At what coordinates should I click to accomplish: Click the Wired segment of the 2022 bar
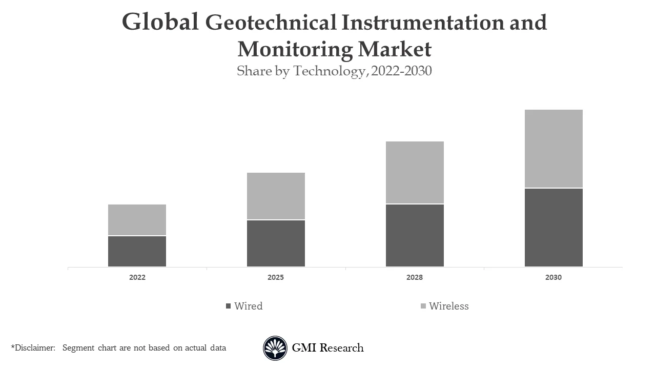pyautogui.click(x=137, y=251)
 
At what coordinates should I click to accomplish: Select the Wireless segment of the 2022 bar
pyautogui.click(x=137, y=220)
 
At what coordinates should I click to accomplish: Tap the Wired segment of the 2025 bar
pyautogui.click(x=276, y=243)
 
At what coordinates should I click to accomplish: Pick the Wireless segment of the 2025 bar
pyautogui.click(x=276, y=196)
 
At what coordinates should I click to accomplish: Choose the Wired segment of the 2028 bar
pyautogui.click(x=415, y=235)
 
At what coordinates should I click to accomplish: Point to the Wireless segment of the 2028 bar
pyautogui.click(x=415, y=173)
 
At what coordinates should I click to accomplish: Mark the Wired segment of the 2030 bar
pyautogui.click(x=553, y=228)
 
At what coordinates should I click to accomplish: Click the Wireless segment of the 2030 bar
pyautogui.click(x=553, y=149)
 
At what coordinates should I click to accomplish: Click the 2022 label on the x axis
pyautogui.click(x=137, y=277)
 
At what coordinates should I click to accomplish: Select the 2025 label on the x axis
pyautogui.click(x=276, y=277)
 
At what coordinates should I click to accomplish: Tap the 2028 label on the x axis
pyautogui.click(x=415, y=277)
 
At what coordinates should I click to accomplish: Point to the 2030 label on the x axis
pyautogui.click(x=553, y=277)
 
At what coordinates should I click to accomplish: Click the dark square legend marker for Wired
pyautogui.click(x=229, y=306)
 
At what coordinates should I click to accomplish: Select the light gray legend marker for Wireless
pyautogui.click(x=423, y=306)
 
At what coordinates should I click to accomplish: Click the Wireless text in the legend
pyautogui.click(x=449, y=306)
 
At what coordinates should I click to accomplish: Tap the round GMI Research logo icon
pyautogui.click(x=275, y=348)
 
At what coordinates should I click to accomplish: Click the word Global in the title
pyautogui.click(x=160, y=23)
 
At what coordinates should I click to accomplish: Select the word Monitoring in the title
pyautogui.click(x=295, y=49)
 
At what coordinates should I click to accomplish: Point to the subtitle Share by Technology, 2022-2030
pyautogui.click(x=334, y=71)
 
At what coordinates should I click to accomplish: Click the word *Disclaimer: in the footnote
pyautogui.click(x=33, y=348)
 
